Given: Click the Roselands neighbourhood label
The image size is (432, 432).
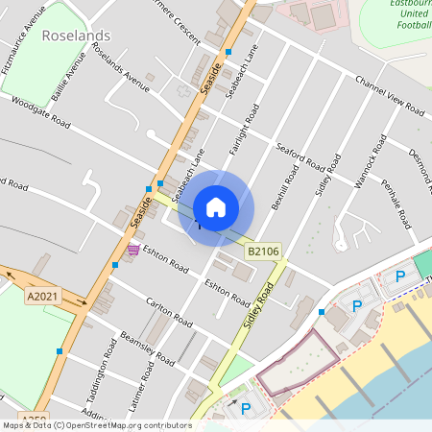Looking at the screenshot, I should click(x=77, y=36).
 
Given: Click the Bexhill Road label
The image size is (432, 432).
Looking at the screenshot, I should click(x=279, y=186).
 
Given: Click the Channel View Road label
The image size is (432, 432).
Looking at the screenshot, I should click(x=389, y=94).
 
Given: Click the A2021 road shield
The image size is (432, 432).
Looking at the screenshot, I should click(x=43, y=298).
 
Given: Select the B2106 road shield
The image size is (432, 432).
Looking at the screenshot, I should click(x=262, y=252).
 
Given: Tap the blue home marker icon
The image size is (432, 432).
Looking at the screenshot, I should click(x=216, y=207).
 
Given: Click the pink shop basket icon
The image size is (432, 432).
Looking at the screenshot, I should click(x=132, y=250).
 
